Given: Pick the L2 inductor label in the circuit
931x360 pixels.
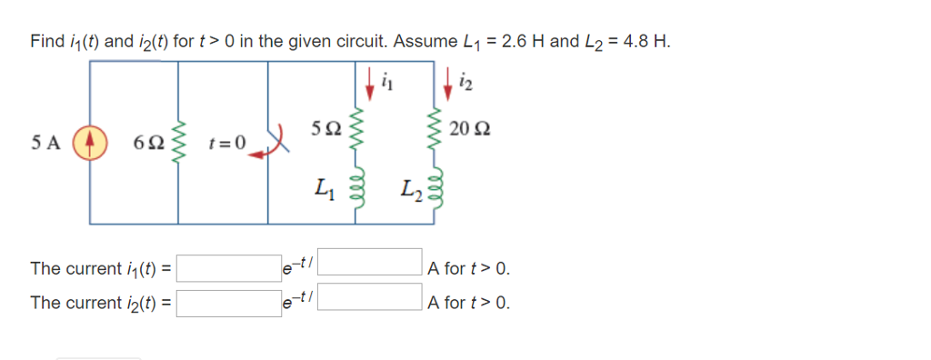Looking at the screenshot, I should pyautogui.click(x=408, y=192).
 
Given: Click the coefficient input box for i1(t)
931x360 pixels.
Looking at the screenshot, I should pyautogui.click(x=228, y=268).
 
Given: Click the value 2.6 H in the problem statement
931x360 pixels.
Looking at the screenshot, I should pyautogui.click(x=521, y=41).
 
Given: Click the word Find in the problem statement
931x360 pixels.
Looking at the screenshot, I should pyautogui.click(x=46, y=41).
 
